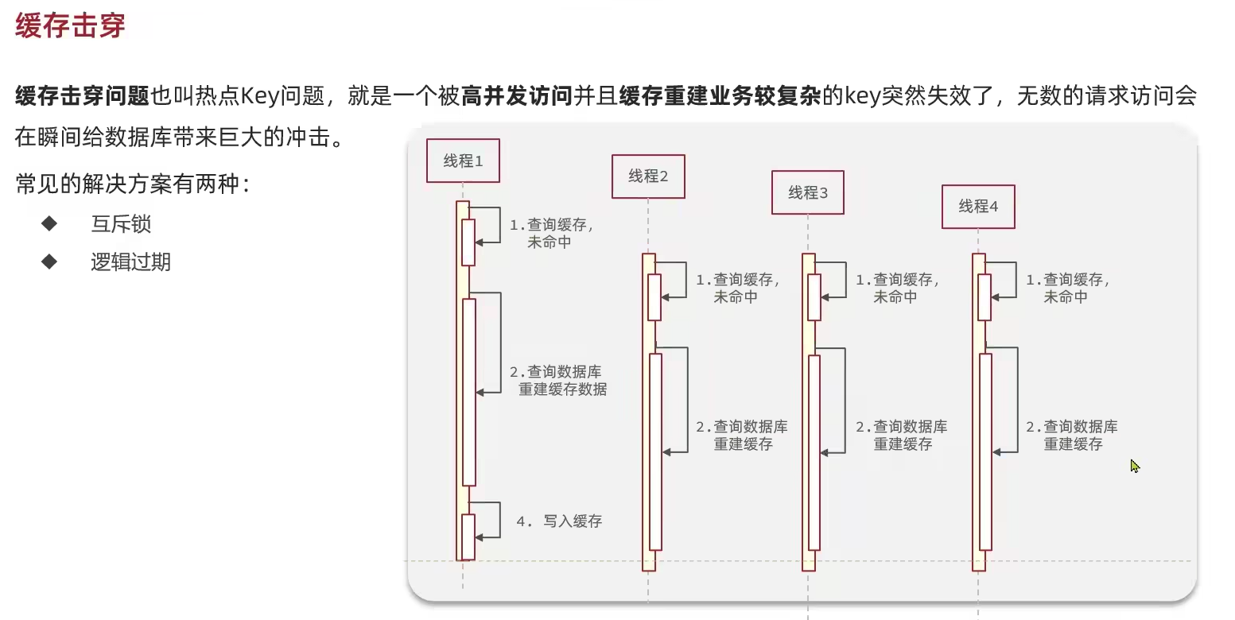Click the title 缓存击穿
(70, 25)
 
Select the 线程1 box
(463, 161)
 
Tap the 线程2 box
(648, 176)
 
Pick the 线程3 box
(808, 192)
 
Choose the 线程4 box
(978, 207)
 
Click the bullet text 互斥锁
(121, 224)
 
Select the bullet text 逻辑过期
(130, 262)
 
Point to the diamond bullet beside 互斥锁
(49, 223)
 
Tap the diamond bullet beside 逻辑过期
(49, 262)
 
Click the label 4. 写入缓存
(559, 521)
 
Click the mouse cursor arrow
(1135, 466)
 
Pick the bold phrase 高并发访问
(517, 97)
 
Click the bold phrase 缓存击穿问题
(83, 97)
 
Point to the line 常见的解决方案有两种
(133, 185)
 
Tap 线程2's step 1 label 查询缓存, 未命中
(738, 289)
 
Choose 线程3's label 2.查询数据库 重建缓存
(902, 436)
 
